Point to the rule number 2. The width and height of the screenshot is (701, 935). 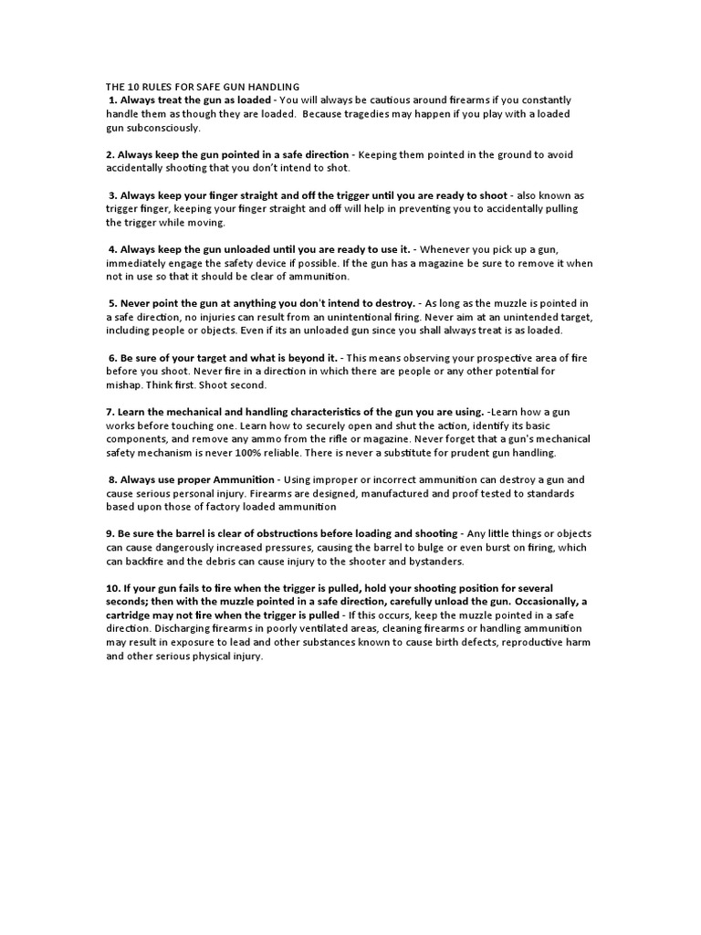point(110,154)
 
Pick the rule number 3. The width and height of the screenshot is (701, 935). point(112,195)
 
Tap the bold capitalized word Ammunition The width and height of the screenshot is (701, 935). point(240,479)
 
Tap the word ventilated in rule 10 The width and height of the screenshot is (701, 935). point(338,629)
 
